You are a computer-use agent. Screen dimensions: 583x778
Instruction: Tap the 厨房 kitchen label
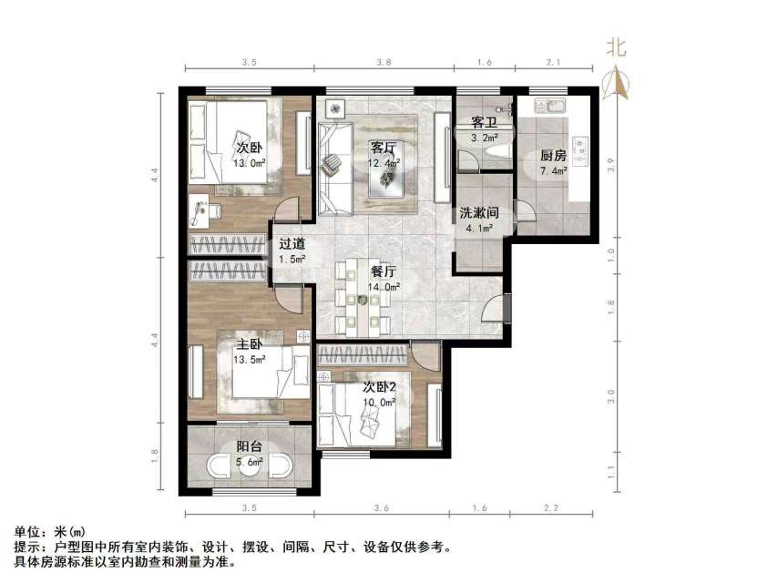pos(553,155)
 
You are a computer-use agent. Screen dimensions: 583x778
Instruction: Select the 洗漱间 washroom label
pos(477,212)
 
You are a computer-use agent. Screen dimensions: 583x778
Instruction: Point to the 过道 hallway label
pos(292,244)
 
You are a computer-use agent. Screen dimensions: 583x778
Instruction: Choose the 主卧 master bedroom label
pos(250,345)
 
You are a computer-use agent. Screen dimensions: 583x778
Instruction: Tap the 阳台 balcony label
pos(249,447)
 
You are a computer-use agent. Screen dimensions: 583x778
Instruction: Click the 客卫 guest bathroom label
pos(484,122)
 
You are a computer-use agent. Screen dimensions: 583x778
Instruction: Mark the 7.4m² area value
pos(553,170)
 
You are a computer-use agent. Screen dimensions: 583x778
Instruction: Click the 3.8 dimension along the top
pos(384,63)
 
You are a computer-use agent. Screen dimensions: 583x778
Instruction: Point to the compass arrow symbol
pos(618,84)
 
